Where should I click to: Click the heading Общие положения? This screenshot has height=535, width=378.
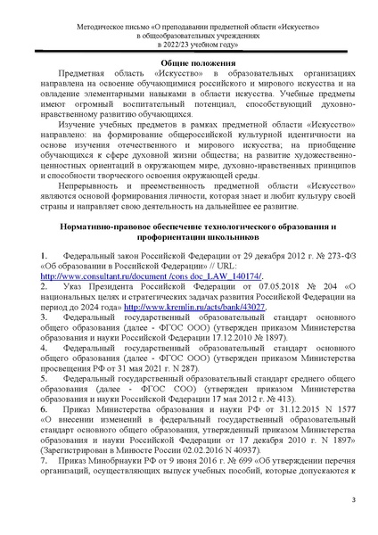pyautogui.click(x=189, y=64)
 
